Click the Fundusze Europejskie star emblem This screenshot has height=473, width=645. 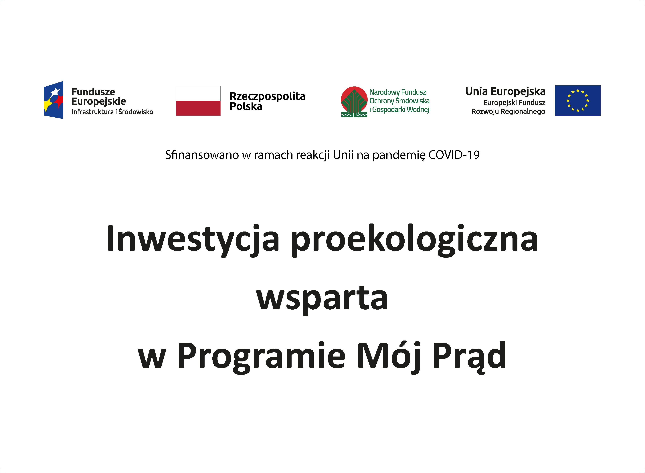[x=54, y=100]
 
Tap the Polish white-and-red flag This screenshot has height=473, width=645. [x=198, y=101]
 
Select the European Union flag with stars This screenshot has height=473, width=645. [x=578, y=100]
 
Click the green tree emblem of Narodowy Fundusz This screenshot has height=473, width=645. [x=354, y=102]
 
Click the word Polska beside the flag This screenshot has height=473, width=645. [x=246, y=106]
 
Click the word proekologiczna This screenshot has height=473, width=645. [x=415, y=240]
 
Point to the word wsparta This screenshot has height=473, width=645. [x=322, y=300]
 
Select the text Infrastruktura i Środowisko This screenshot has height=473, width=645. [x=112, y=112]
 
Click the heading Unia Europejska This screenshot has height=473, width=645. [x=505, y=92]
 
